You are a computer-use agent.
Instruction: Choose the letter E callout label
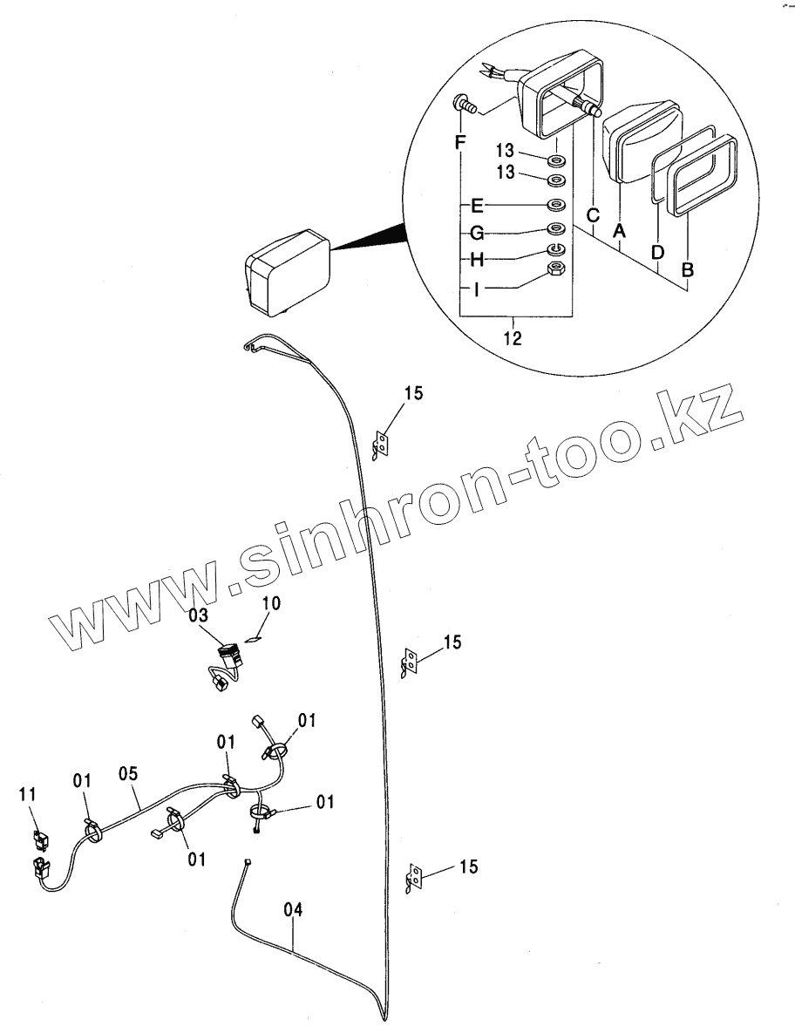[477, 207]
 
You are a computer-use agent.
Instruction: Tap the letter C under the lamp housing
[593, 215]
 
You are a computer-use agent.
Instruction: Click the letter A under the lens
[621, 230]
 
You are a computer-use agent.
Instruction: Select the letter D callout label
[658, 252]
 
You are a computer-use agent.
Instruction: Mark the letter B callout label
[688, 271]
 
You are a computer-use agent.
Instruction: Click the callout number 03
[199, 615]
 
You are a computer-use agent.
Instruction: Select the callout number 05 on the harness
[130, 772]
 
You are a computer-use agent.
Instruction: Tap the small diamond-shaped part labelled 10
[254, 638]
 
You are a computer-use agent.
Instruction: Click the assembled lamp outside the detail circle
[286, 271]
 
